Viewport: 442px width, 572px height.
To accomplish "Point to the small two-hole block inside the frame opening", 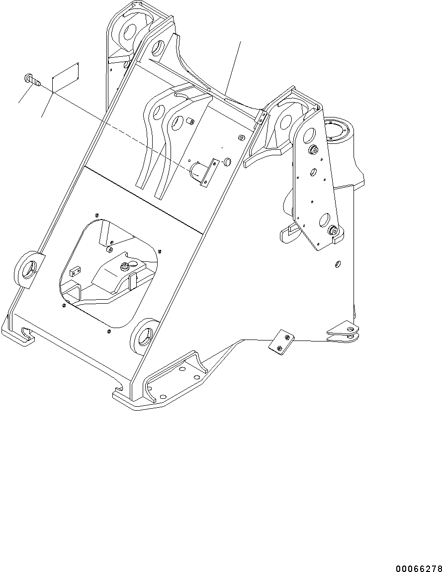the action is pyautogui.click(x=75, y=271).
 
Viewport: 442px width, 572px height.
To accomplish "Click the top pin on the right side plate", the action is pyautogui.click(x=314, y=150).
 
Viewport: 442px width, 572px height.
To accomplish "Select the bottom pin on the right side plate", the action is pyautogui.click(x=333, y=230).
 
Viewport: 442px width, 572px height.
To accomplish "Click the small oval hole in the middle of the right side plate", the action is pyautogui.click(x=314, y=172).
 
